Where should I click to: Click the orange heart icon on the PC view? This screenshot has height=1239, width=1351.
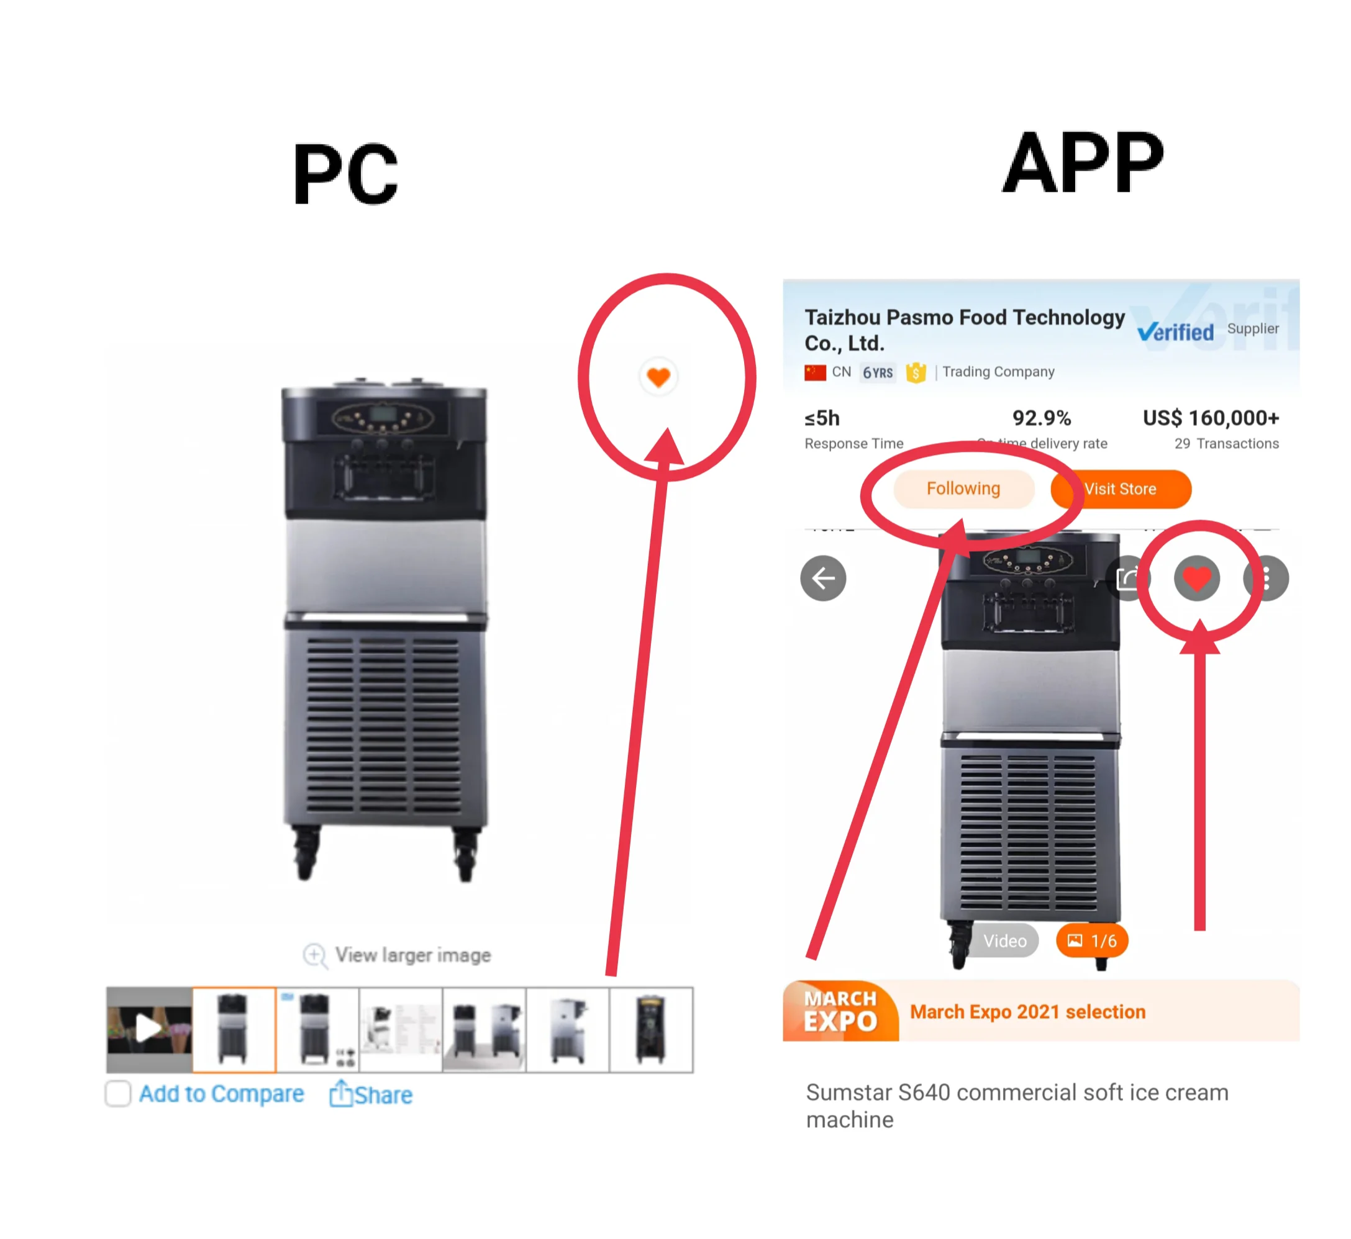pyautogui.click(x=658, y=377)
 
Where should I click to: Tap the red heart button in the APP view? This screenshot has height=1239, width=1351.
pyautogui.click(x=1196, y=578)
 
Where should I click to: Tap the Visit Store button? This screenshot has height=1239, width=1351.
pyautogui.click(x=1121, y=489)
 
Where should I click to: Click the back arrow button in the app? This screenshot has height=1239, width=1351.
pyautogui.click(x=823, y=578)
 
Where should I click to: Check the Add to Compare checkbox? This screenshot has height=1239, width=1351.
pyautogui.click(x=118, y=1094)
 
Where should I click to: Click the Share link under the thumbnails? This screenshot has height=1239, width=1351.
pyautogui.click(x=371, y=1094)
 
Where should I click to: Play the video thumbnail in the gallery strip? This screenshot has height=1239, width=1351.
pyautogui.click(x=149, y=1029)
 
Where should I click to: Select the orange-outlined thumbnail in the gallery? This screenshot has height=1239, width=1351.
pyautogui.click(x=234, y=1029)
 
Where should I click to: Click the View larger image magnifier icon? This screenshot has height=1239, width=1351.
pyautogui.click(x=314, y=955)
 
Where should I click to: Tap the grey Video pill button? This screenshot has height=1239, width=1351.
pyautogui.click(x=1004, y=940)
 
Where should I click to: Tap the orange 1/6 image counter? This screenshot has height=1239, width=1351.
pyautogui.click(x=1091, y=940)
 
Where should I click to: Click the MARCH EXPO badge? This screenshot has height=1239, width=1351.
pyautogui.click(x=840, y=1011)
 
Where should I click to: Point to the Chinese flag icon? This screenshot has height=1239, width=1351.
pyautogui.click(x=815, y=372)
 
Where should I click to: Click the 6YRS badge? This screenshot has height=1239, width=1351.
pyautogui.click(x=878, y=372)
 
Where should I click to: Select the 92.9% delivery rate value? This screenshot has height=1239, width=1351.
pyautogui.click(x=1041, y=418)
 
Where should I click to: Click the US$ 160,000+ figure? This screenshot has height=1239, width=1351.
pyautogui.click(x=1210, y=418)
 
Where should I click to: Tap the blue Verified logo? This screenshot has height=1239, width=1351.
pyautogui.click(x=1175, y=331)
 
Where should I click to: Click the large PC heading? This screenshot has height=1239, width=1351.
pyautogui.click(x=345, y=174)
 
